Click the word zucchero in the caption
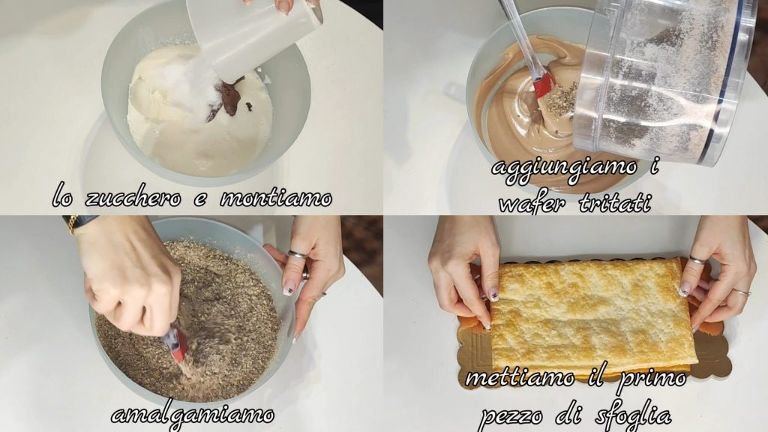pos(133,198)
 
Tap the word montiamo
pos(276,198)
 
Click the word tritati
pos(616,202)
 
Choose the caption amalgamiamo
pos(193,415)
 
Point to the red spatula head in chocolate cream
pos(542,86)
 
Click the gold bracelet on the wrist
pos(71,223)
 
